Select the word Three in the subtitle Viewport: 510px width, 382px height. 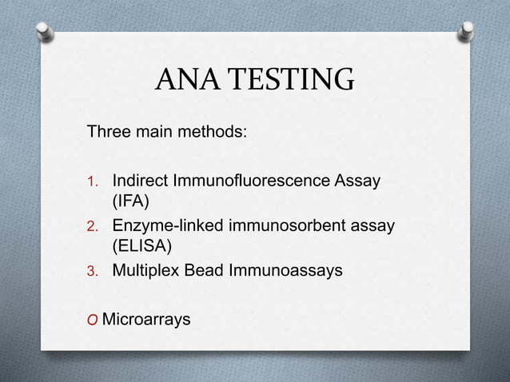tap(109, 130)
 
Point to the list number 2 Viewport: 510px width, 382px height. tap(93, 227)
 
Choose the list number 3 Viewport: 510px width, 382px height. tap(93, 272)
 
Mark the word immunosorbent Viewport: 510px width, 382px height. tap(293, 226)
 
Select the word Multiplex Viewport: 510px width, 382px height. tap(144, 271)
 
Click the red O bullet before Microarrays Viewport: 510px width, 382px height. tap(92, 321)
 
